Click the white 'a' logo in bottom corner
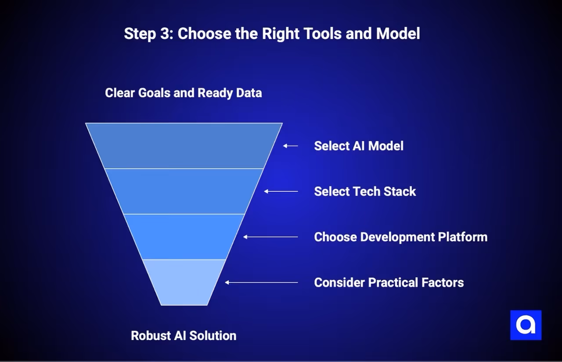pyautogui.click(x=526, y=325)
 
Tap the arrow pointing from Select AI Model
pyautogui.click(x=290, y=146)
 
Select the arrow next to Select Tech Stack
pyautogui.click(x=281, y=191)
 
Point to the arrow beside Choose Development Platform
pyautogui.click(x=270, y=237)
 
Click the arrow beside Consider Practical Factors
pyautogui.click(x=261, y=282)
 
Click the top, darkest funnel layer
pyautogui.click(x=184, y=146)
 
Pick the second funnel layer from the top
pyautogui.click(x=184, y=191)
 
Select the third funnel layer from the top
pyautogui.click(x=184, y=237)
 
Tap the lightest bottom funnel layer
pyautogui.click(x=184, y=282)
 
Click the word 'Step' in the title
pyautogui.click(x=140, y=34)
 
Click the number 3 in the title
pyautogui.click(x=165, y=34)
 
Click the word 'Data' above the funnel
pyautogui.click(x=250, y=93)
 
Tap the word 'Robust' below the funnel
pyautogui.click(x=150, y=336)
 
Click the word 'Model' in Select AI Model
pyautogui.click(x=385, y=146)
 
